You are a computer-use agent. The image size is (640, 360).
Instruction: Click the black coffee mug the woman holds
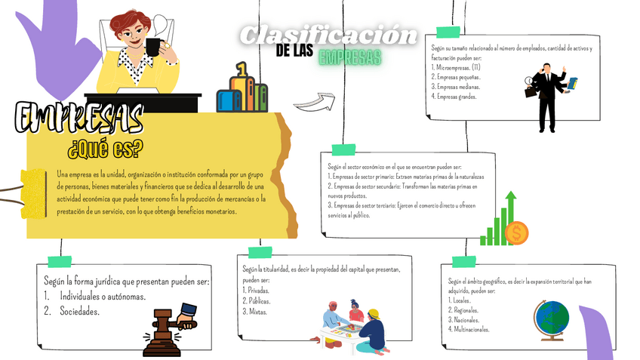pos(153,47)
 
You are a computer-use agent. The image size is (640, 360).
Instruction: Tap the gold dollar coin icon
pos(517,232)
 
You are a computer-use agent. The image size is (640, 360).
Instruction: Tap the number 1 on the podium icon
pos(242,69)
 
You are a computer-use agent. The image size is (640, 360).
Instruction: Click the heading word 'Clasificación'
pos(328,35)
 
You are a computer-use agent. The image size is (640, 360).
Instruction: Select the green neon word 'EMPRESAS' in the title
pos(349,57)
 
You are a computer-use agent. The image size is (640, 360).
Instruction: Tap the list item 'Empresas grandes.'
pos(455,96)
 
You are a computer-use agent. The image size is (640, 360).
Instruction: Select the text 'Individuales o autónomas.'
pos(102,296)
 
